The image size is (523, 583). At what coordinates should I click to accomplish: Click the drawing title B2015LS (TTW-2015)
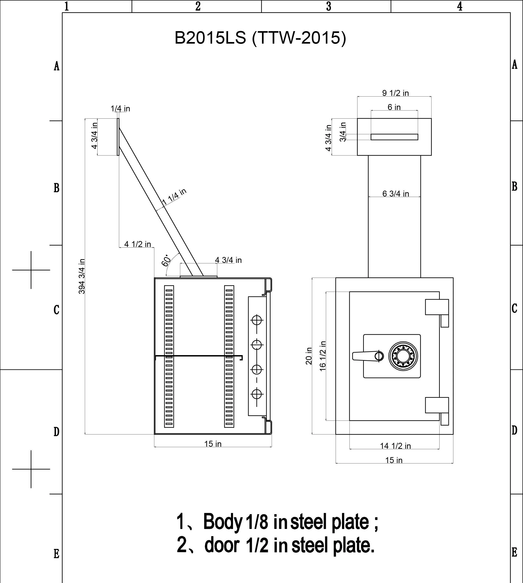pos(260,38)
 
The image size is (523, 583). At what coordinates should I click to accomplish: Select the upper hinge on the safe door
pos(437,307)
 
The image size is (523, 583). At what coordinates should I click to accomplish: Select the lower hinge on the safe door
pos(437,405)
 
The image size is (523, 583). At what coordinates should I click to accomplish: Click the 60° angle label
pos(166,261)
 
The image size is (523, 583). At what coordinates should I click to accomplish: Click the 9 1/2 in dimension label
pos(395,93)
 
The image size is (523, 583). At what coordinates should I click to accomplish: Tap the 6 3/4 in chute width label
pos(395,194)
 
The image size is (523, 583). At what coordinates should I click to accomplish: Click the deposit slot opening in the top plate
pos(394,137)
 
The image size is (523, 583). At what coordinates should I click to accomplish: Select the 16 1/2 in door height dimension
pos(323,356)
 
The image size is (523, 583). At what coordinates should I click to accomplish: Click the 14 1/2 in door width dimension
pos(395,446)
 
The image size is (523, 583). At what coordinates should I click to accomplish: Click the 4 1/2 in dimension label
pos(137,244)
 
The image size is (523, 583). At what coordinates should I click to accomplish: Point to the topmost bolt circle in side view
pos(257,319)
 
